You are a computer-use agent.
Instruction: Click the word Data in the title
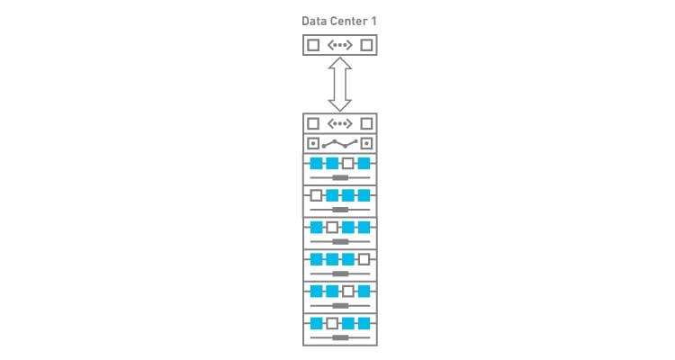click(x=315, y=21)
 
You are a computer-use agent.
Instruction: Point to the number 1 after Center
click(x=373, y=21)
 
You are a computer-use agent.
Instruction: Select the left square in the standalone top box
click(x=313, y=45)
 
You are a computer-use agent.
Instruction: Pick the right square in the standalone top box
click(x=365, y=45)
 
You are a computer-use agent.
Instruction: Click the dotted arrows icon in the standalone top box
click(x=339, y=45)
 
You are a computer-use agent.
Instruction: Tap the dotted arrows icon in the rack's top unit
click(x=339, y=124)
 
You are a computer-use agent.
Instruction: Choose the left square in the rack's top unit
click(x=313, y=124)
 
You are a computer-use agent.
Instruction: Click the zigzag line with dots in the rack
click(x=339, y=143)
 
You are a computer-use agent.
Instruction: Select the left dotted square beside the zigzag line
click(x=313, y=143)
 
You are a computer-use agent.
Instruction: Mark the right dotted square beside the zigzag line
click(x=365, y=143)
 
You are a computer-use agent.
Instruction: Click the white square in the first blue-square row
click(x=348, y=163)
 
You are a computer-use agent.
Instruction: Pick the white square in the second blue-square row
click(x=316, y=195)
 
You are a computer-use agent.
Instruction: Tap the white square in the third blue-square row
click(x=332, y=228)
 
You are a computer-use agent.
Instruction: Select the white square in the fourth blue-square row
click(x=364, y=259)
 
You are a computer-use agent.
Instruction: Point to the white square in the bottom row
click(x=332, y=322)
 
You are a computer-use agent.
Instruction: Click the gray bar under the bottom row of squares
click(x=339, y=337)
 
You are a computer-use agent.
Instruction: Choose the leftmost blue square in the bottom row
click(x=316, y=322)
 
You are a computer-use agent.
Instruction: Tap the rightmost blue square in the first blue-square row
click(x=364, y=163)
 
